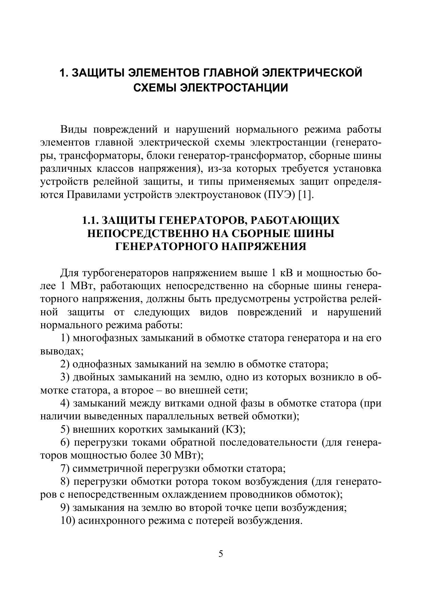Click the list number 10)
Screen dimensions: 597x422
68,521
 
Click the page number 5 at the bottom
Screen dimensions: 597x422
221,554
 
